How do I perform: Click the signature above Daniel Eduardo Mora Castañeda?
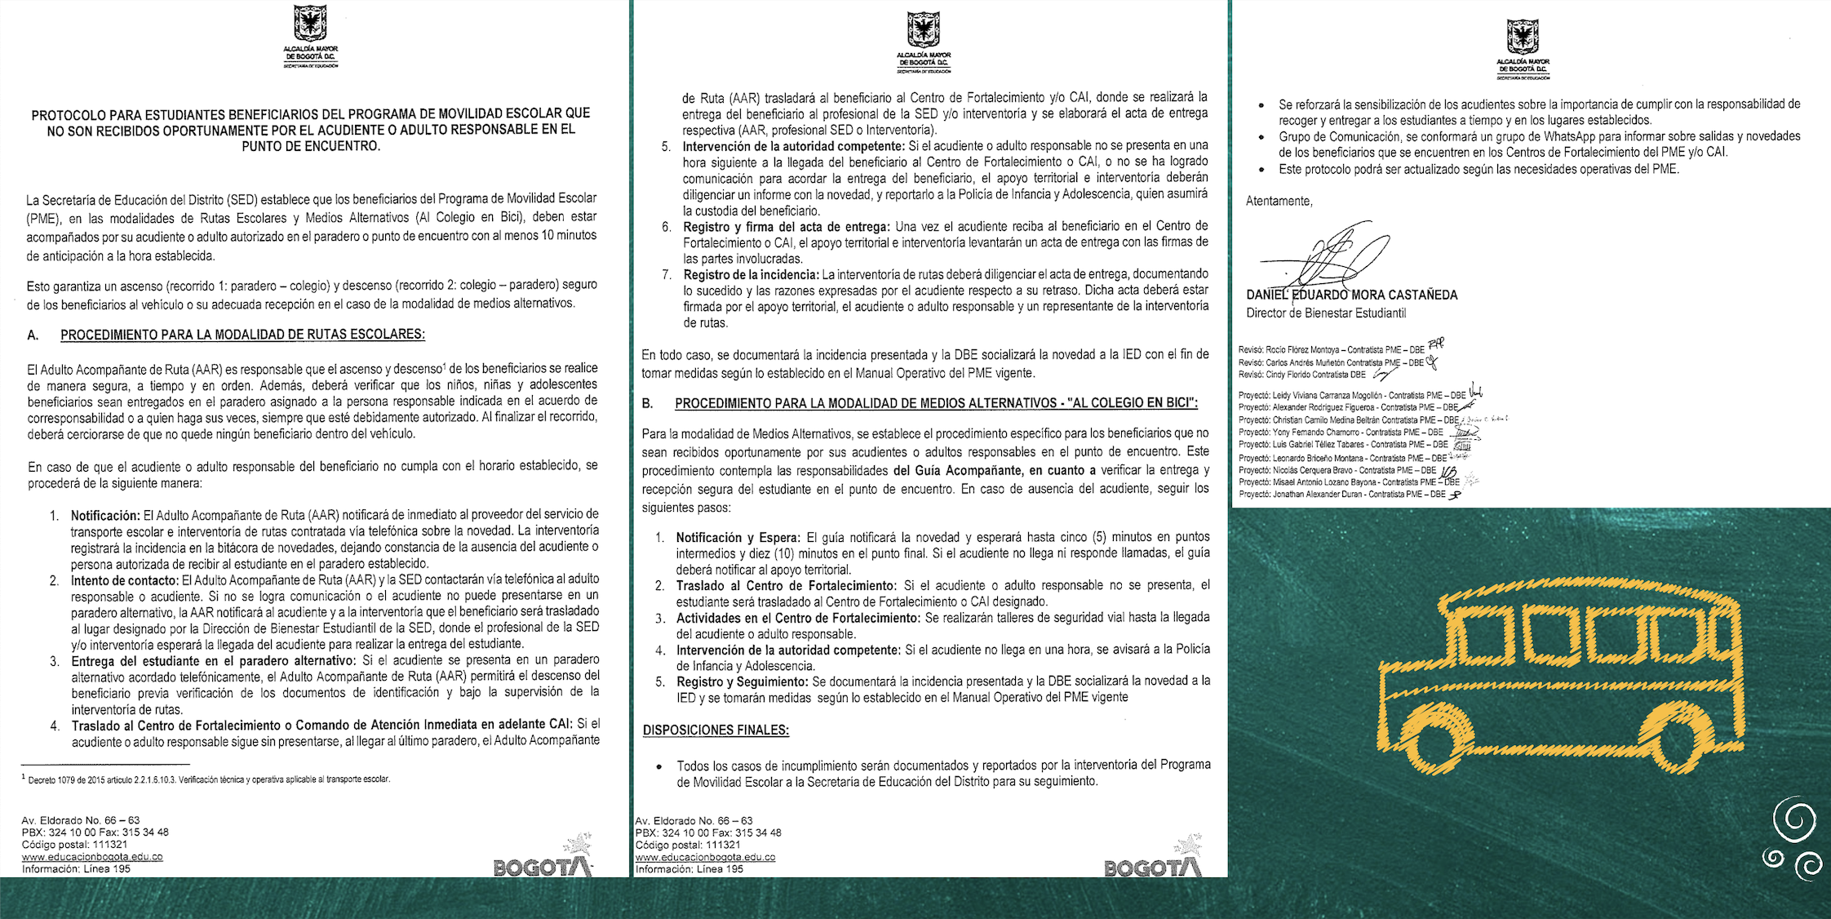coord(1325,257)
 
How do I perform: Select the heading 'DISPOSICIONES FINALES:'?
coord(716,730)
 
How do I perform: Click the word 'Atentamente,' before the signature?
coord(1279,202)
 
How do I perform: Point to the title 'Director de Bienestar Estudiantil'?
coord(1326,313)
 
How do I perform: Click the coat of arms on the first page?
coord(310,24)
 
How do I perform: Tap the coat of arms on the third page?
coord(1523,38)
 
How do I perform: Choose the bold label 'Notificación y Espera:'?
coord(738,538)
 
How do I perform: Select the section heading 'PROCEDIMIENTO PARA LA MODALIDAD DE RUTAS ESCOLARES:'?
coord(242,335)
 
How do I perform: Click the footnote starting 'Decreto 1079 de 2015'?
coord(209,779)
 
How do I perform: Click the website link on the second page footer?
coord(705,858)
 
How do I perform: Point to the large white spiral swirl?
coord(1794,821)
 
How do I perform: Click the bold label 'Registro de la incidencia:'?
coord(751,274)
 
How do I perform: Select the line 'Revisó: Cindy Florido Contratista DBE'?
coord(1301,375)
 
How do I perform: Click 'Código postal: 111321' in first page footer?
coord(74,845)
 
